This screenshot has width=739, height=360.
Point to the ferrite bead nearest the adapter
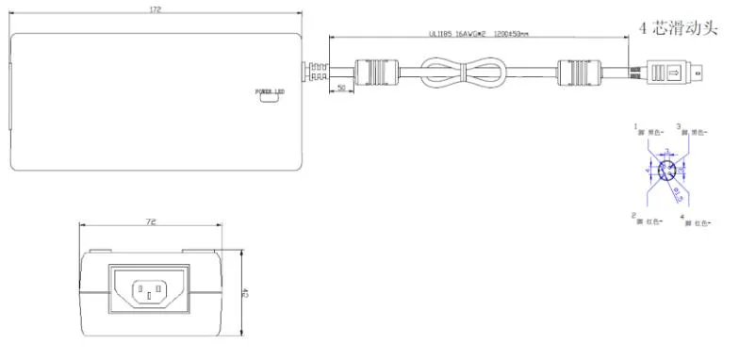coord(371,72)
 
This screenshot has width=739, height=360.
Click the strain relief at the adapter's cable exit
coord(315,72)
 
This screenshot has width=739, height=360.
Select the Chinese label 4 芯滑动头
coord(685,28)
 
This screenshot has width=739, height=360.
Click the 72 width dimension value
coord(151,223)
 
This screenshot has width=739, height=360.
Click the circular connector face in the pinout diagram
coord(667,172)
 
